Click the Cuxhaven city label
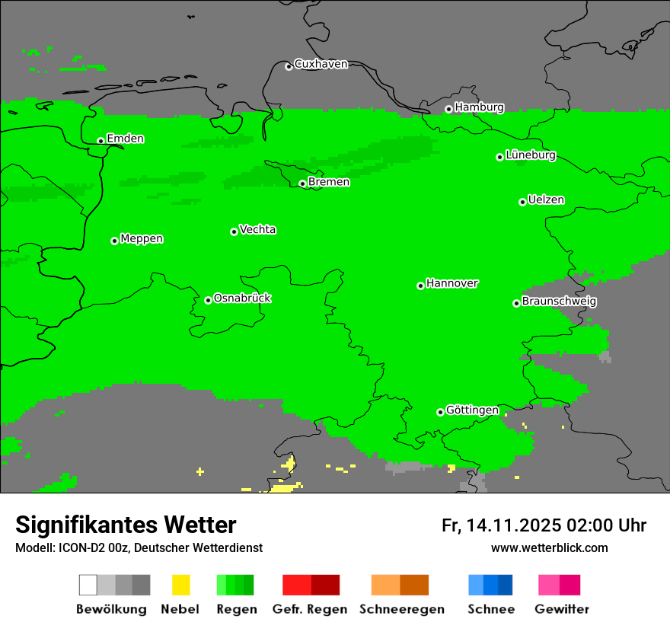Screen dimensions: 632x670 click(321, 64)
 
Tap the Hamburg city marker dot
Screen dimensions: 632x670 click(448, 109)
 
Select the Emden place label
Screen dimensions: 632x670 click(125, 139)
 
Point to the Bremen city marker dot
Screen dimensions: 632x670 click(302, 184)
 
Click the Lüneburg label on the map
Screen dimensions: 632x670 click(531, 155)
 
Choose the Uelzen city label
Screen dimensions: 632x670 click(546, 200)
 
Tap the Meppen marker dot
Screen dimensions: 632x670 click(114, 241)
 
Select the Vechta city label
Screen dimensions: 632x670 click(257, 230)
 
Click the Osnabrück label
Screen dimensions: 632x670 click(242, 298)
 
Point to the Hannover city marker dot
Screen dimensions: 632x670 click(420, 286)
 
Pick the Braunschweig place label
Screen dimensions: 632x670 click(559, 302)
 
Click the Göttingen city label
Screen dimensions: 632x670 click(472, 410)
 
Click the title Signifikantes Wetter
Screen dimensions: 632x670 click(126, 525)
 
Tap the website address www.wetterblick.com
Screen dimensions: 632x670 click(549, 548)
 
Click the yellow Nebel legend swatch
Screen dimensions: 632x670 click(180, 585)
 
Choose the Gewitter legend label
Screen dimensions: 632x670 click(561, 609)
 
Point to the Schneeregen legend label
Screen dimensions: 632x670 click(401, 609)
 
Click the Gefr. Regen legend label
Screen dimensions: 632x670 click(310, 609)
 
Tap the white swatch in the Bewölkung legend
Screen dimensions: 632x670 click(88, 585)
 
